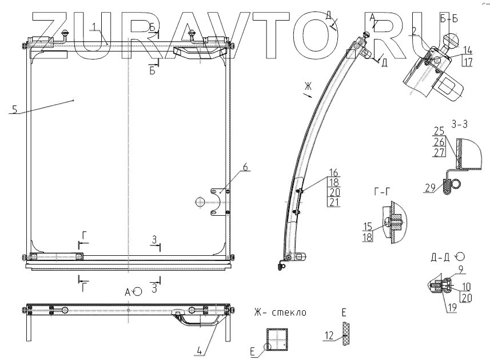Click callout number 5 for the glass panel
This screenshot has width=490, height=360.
(15, 109)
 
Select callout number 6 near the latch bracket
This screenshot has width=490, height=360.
(245, 167)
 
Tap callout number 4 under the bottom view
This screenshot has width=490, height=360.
(199, 351)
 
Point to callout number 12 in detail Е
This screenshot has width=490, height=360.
(328, 337)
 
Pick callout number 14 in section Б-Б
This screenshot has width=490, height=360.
(468, 49)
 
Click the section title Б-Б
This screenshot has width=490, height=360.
(449, 19)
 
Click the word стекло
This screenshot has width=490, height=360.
(289, 312)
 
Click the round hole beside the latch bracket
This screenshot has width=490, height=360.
(200, 201)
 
